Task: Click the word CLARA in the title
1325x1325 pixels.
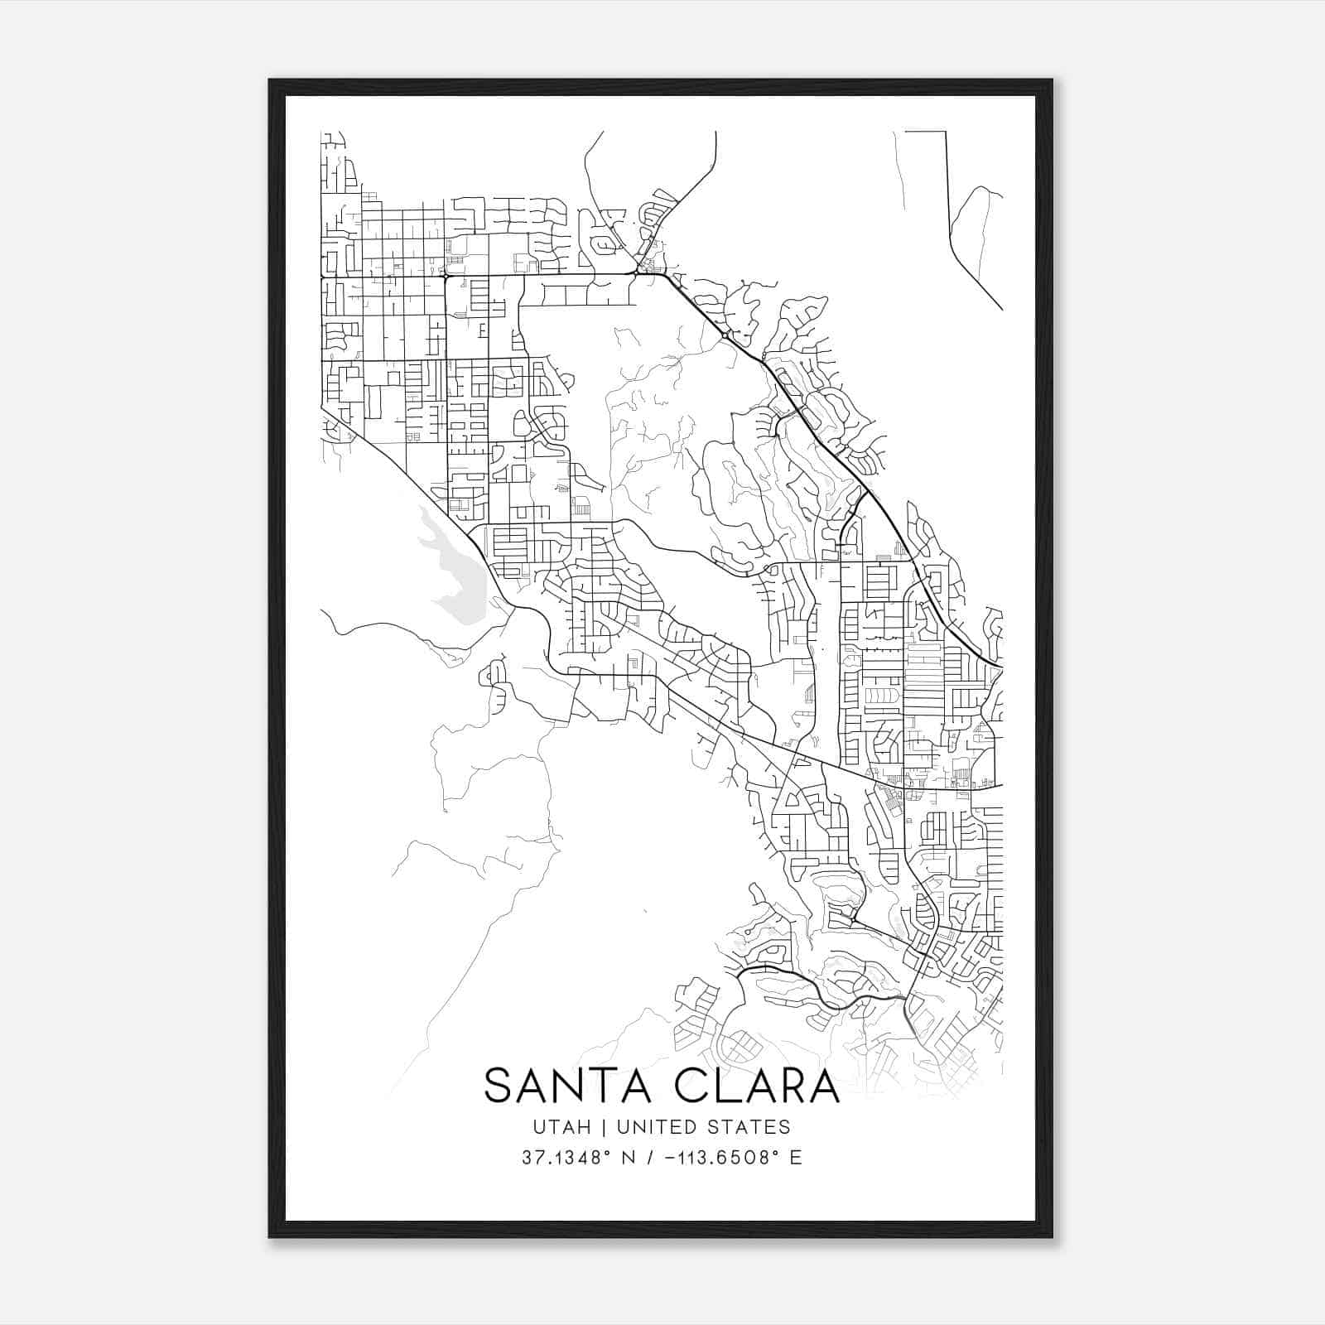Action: pyautogui.click(x=759, y=1086)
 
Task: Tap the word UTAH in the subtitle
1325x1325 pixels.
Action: pyautogui.click(x=561, y=1127)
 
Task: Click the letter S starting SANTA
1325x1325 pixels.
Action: pyautogui.click(x=499, y=1086)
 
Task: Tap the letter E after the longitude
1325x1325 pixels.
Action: pyautogui.click(x=796, y=1158)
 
